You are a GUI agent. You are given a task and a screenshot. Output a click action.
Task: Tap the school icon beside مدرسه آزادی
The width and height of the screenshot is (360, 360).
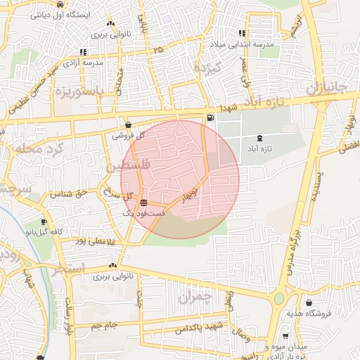point(84,52)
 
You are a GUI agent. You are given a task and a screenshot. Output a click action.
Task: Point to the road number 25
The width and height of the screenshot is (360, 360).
point(158,50)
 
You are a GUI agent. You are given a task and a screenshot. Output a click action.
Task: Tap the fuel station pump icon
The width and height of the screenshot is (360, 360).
point(211,117)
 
